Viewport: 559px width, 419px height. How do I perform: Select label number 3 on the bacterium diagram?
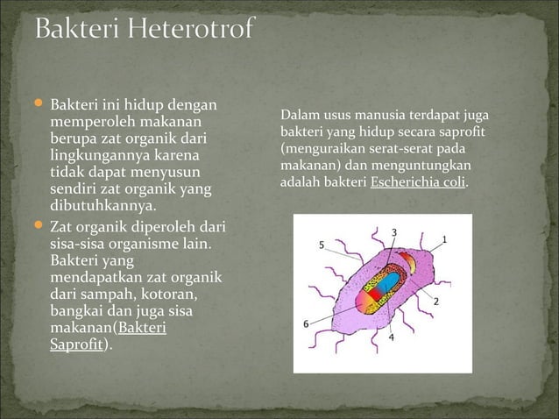[x=394, y=232]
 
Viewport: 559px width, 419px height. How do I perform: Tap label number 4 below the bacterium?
[x=391, y=337]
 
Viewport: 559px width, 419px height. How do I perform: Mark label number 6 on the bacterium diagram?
[x=306, y=323]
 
